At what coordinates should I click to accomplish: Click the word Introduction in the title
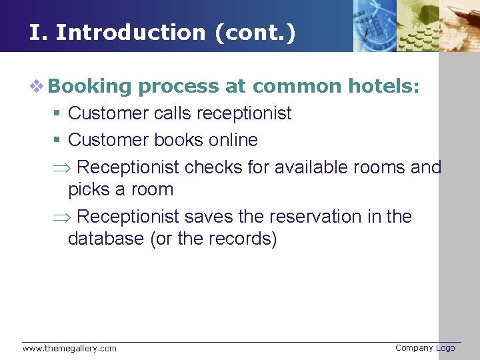[x=131, y=33]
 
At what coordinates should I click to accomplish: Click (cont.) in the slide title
[x=255, y=33]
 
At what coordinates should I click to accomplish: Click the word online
[x=233, y=140]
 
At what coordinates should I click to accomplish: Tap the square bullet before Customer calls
[x=59, y=114]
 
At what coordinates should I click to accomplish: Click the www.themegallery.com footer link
[x=69, y=348]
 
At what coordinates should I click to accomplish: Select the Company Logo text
[x=425, y=347]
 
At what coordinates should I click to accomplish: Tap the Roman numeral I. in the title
[x=37, y=33]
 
